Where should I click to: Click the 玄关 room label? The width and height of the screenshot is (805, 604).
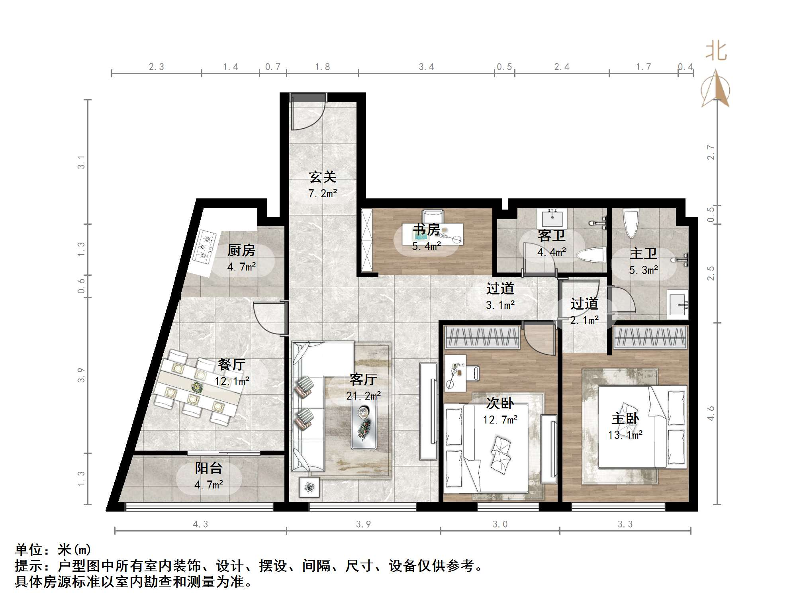coord(323,177)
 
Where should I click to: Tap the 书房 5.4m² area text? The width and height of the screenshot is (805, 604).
coord(426,246)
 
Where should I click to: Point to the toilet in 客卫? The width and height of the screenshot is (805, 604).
coord(592,255)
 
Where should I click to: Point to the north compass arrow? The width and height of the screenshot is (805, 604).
coord(716,89)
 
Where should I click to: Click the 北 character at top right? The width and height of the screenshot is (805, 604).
coord(716,52)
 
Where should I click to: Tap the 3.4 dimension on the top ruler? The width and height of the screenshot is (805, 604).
coord(426,67)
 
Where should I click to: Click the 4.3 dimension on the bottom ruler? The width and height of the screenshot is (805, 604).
coord(200,524)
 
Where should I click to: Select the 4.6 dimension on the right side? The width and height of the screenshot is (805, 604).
coord(711,414)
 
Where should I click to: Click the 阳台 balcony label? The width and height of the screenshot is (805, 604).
coord(208,468)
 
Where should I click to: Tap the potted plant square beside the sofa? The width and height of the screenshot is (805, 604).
coord(309,487)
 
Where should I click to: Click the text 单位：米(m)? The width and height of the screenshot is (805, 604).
coord(53,550)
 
